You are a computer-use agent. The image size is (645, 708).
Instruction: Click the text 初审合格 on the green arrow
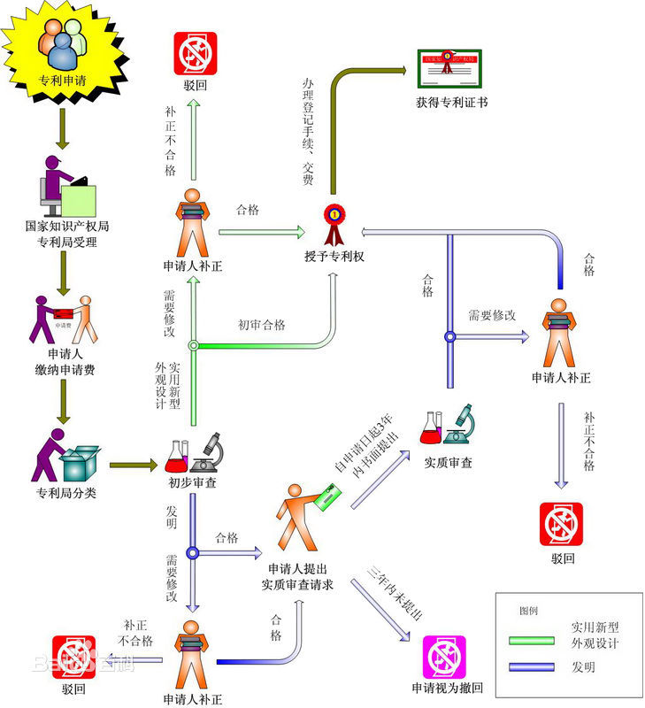[x=262, y=325]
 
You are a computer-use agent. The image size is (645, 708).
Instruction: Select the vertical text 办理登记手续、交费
[x=308, y=133]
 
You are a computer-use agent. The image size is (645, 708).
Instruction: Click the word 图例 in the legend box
[x=528, y=612]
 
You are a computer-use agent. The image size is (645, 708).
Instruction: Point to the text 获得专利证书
[x=451, y=103]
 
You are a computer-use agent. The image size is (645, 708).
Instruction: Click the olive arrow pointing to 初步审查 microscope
[x=132, y=463]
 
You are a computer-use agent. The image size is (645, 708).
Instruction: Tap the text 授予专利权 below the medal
[x=333, y=258]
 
